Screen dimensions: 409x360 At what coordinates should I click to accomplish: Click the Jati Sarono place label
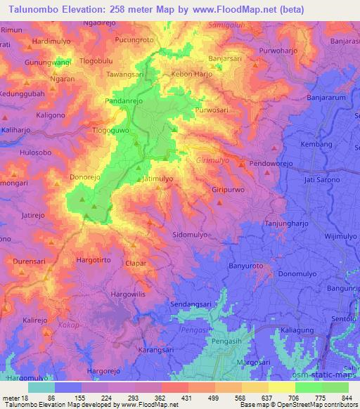tap(321, 181)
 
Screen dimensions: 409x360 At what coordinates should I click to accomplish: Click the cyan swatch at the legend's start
tap(41, 387)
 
